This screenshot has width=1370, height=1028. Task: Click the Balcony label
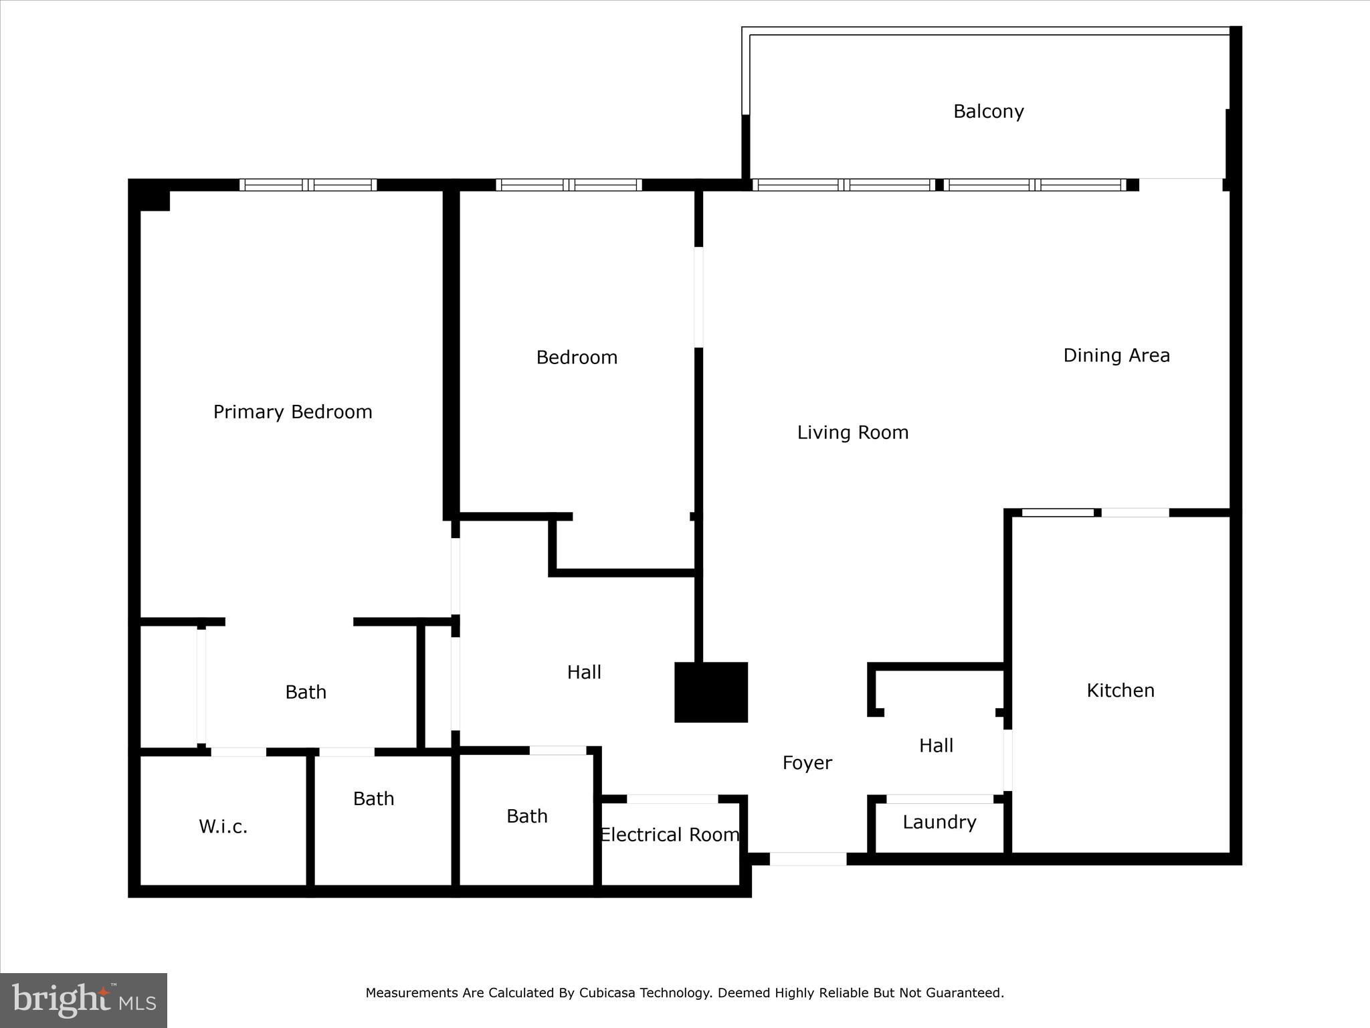[988, 111]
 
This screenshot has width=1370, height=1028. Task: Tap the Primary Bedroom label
[292, 412]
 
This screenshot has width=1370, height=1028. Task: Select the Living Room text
[852, 432]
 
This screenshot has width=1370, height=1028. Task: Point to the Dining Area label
[1116, 355]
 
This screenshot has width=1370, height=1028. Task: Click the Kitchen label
[1120, 690]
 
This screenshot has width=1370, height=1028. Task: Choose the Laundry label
[939, 822]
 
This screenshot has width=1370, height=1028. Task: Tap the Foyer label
[807, 763]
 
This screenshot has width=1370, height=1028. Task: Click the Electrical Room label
[669, 835]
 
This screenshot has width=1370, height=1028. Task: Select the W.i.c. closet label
[223, 827]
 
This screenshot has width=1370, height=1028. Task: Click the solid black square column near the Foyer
[710, 692]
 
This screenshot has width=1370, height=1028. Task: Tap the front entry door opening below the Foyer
[807, 859]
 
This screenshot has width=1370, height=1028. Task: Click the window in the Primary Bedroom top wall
[308, 185]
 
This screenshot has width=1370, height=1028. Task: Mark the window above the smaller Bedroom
[569, 185]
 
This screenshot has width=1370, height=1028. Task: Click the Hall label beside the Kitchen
[936, 746]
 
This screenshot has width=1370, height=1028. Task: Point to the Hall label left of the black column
[584, 672]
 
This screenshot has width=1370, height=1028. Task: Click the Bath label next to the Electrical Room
[526, 816]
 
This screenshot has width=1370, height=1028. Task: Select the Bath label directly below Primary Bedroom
[305, 692]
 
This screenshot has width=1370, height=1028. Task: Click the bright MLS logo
[84, 1001]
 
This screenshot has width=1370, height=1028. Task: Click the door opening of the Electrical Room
[672, 799]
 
